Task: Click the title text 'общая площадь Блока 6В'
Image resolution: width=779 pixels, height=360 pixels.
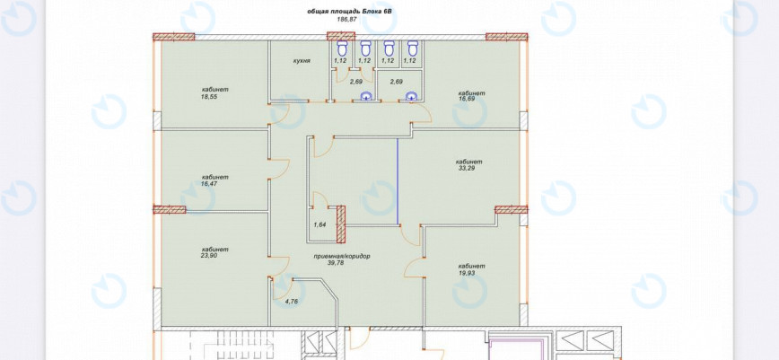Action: (346, 11)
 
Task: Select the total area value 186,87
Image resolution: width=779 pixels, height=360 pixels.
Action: (346, 19)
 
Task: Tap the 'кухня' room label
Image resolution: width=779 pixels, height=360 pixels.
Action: (302, 61)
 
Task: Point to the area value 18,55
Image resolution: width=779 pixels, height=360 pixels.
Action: (209, 97)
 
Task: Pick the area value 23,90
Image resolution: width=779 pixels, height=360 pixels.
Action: (209, 256)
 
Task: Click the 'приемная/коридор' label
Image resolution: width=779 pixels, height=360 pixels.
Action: (342, 257)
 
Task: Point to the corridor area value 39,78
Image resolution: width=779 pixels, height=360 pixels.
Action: (335, 263)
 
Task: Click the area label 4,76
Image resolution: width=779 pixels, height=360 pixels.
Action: (291, 302)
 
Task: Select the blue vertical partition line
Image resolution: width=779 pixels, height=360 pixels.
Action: (398, 181)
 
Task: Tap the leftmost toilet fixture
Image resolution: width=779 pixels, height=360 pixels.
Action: (342, 48)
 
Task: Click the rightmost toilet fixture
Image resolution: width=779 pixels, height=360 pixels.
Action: (413, 48)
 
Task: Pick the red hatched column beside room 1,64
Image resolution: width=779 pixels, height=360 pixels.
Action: (341, 224)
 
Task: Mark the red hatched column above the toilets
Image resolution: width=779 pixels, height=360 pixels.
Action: (341, 36)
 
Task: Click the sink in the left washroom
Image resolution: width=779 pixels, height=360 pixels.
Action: (366, 96)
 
